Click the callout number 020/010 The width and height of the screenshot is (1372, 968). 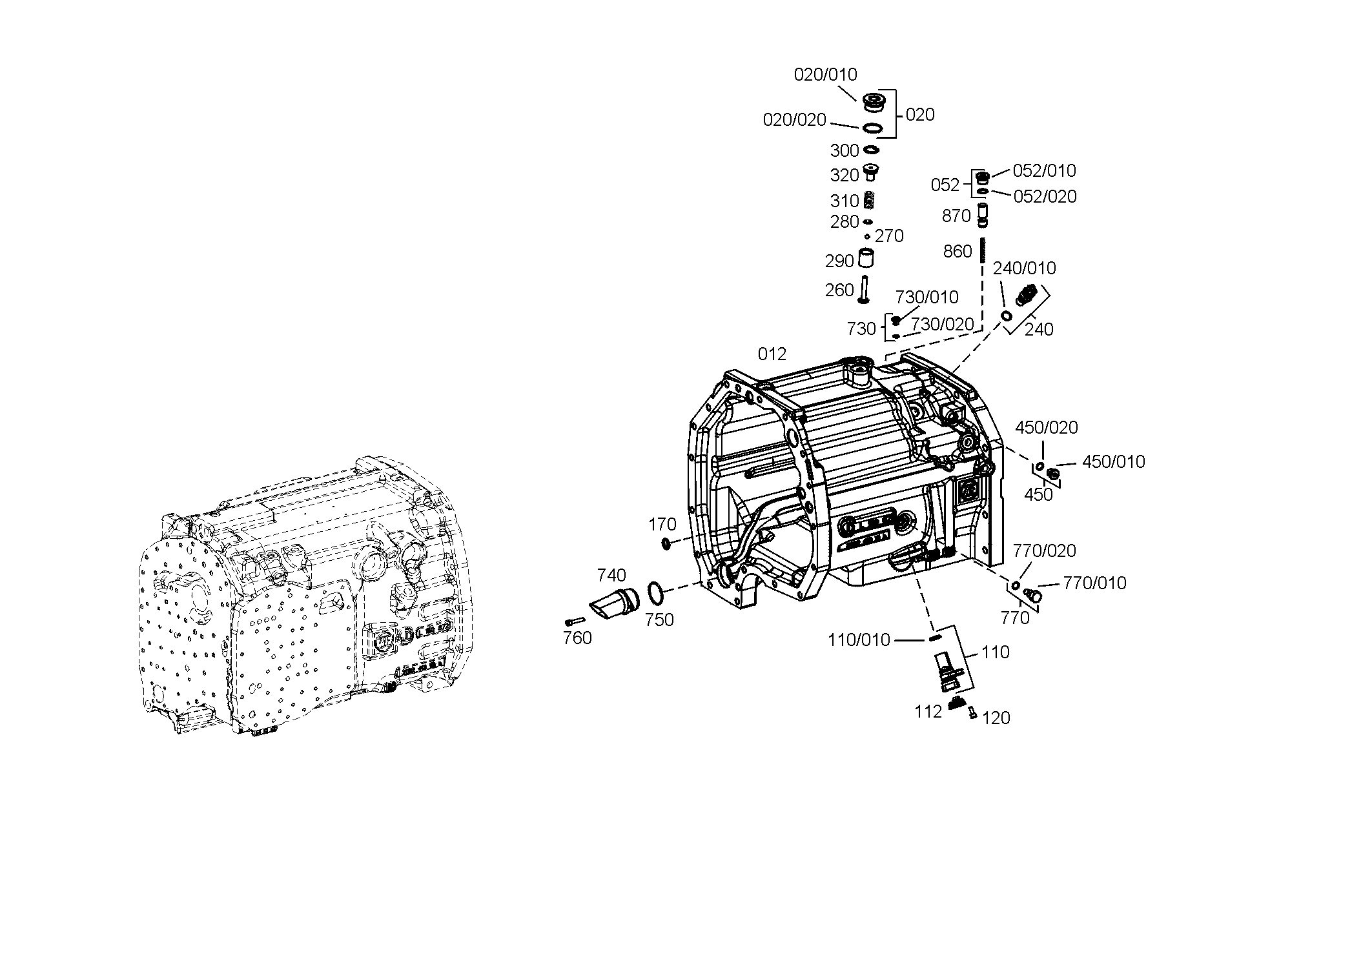825,75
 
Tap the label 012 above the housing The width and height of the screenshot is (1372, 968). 772,354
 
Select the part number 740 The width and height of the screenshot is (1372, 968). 611,575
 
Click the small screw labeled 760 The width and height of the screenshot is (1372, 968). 575,621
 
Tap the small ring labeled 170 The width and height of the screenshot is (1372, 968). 666,545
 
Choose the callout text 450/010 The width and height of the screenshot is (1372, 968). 1113,462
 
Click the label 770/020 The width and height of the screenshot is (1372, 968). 1044,551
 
